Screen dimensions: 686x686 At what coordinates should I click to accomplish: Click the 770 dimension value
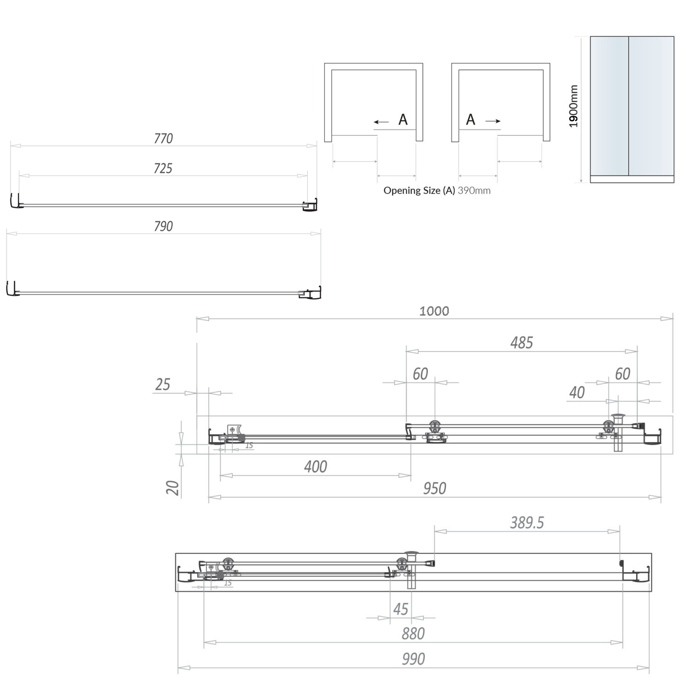tap(163, 138)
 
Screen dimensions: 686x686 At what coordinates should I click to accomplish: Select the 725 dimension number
tap(163, 168)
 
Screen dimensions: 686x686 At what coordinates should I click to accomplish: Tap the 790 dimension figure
tap(163, 226)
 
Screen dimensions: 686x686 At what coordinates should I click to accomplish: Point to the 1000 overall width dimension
tap(434, 311)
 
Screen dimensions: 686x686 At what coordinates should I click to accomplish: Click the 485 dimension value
tap(521, 343)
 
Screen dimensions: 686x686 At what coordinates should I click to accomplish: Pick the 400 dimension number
tap(316, 466)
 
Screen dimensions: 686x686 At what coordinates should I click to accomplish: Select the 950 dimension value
tap(434, 488)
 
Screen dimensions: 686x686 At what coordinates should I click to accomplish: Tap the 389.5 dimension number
tap(527, 522)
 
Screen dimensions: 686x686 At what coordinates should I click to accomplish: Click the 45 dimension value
tap(401, 609)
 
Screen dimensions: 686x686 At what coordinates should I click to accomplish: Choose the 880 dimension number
tap(413, 633)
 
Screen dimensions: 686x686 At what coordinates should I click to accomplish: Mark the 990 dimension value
tap(413, 659)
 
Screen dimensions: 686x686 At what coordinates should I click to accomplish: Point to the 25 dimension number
tap(162, 385)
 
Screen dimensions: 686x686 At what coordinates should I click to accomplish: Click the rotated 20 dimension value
tap(173, 488)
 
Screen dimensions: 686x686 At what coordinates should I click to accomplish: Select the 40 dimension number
tap(577, 392)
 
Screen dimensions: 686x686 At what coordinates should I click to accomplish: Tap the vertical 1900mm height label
tap(573, 106)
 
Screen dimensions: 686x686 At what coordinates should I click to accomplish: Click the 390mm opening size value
tap(474, 191)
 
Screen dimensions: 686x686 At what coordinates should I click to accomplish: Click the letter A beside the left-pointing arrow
tap(403, 120)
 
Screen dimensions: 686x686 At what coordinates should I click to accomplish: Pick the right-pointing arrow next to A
tap(493, 121)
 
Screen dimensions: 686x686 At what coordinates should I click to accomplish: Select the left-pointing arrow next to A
tap(381, 122)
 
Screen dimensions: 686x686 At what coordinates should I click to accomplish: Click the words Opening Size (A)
tap(419, 191)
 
